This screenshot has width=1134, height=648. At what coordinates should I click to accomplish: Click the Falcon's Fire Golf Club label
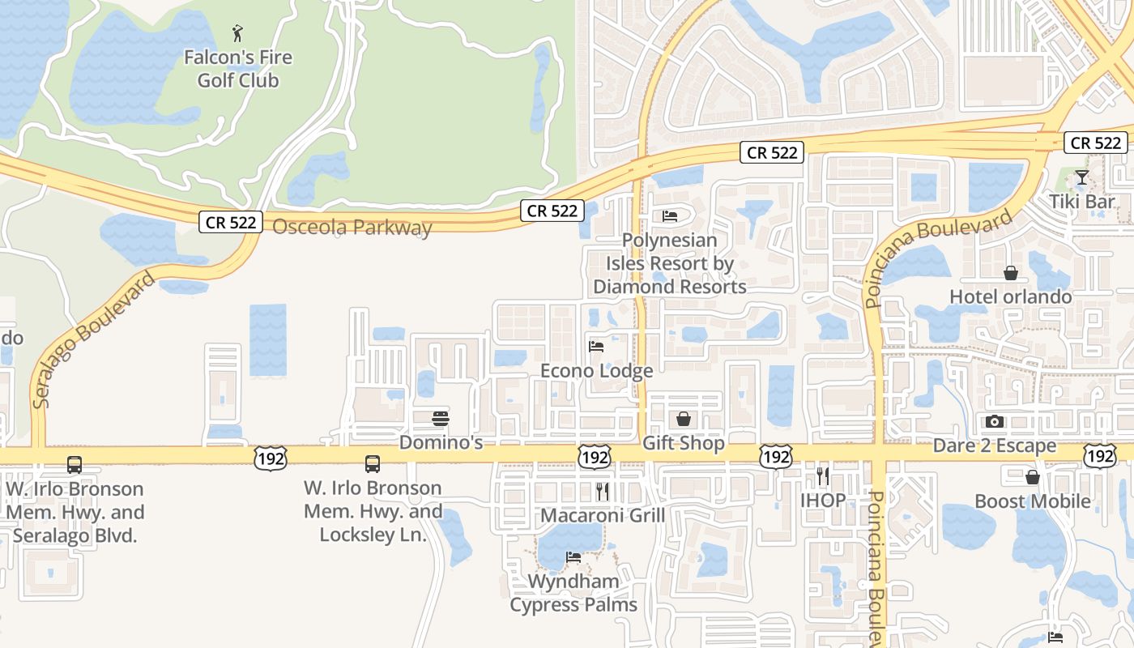(237, 69)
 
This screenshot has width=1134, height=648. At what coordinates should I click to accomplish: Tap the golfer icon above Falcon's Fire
(237, 33)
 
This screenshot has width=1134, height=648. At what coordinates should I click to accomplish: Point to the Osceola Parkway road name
(352, 228)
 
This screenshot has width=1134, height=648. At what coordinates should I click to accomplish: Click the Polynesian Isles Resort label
(670, 263)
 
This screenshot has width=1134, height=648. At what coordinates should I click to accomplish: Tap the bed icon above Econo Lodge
(596, 347)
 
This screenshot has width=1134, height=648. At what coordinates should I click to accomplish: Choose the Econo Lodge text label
(597, 371)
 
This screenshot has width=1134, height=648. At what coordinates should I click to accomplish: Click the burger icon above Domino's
(441, 419)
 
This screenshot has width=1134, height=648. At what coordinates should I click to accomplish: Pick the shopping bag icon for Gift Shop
(684, 419)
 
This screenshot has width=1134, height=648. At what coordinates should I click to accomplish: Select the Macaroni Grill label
(602, 515)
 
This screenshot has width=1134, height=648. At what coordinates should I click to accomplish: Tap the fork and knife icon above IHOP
(823, 475)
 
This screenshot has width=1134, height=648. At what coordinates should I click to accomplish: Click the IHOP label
(823, 500)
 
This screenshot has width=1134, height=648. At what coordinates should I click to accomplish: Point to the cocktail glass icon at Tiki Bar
(1082, 177)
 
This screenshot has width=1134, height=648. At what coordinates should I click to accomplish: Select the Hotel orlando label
(1011, 296)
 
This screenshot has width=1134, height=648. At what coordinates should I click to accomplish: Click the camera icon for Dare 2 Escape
(995, 421)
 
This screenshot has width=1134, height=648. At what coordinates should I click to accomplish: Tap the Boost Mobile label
(1033, 501)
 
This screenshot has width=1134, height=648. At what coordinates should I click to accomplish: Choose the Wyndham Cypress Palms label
(573, 593)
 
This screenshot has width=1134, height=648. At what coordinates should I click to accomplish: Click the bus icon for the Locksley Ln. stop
(373, 464)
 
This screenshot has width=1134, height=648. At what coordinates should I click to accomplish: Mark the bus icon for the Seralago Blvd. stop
(75, 465)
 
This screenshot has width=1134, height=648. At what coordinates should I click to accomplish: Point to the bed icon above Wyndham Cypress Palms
(573, 557)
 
